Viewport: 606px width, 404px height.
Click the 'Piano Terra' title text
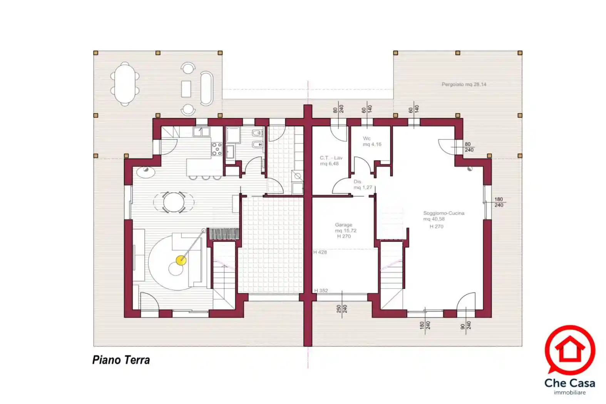[x=121, y=360]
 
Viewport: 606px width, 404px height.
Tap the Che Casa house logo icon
[x=569, y=349]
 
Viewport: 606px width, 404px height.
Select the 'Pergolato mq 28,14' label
[x=464, y=84]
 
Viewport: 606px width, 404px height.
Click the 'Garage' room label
[x=343, y=225]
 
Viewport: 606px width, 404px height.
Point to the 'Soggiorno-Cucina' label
[x=444, y=213]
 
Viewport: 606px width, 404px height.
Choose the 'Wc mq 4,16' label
[x=372, y=141]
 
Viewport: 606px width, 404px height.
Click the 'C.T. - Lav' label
[x=331, y=158]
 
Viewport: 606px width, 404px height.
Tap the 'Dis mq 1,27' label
[x=362, y=185]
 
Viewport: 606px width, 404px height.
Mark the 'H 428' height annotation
[x=320, y=252]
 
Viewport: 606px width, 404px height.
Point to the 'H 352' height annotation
[x=321, y=290]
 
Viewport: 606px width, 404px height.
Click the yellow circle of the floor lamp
[x=181, y=260]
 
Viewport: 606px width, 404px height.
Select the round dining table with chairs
[x=174, y=202]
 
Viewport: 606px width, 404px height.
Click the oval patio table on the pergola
[x=125, y=84]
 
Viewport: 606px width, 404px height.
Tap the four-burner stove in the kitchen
[x=217, y=149]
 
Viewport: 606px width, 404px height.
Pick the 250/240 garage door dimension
[x=342, y=309]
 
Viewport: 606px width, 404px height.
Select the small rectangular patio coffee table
[x=186, y=89]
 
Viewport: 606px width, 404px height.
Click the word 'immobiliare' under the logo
[x=569, y=393]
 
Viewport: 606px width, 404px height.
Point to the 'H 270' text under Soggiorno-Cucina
[x=436, y=227]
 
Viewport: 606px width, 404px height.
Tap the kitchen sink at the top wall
[x=201, y=132]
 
